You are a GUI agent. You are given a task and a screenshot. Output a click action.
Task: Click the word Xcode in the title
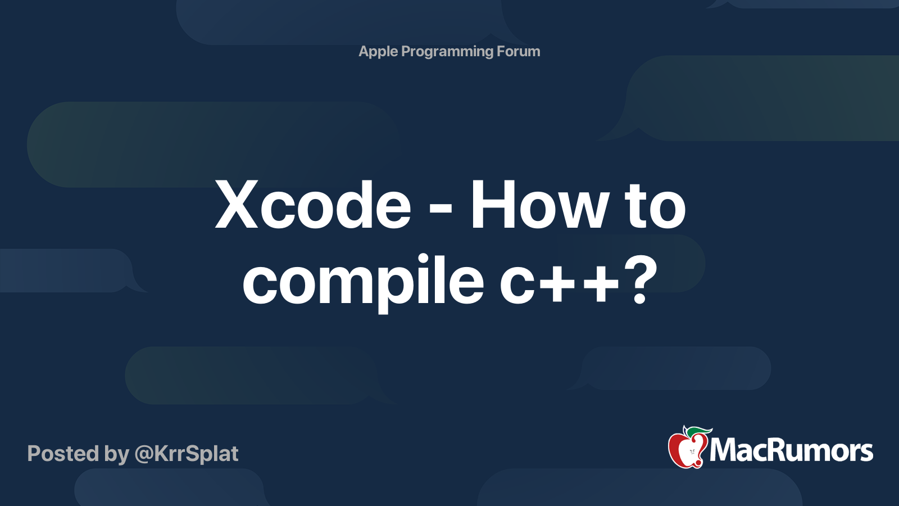click(x=313, y=205)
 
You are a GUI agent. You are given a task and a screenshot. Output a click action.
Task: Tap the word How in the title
click(x=538, y=205)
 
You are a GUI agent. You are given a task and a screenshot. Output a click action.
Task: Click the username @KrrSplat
click(x=187, y=454)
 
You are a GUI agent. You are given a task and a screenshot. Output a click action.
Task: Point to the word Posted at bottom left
click(x=63, y=453)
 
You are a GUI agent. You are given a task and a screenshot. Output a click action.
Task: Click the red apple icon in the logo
click(x=688, y=450)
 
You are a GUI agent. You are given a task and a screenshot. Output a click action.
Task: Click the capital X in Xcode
click(x=237, y=205)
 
